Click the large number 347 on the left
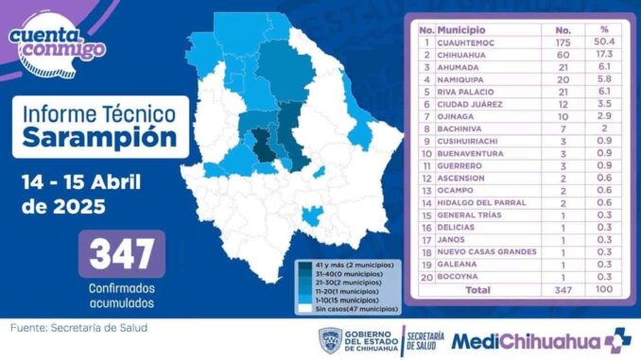[x=122, y=253]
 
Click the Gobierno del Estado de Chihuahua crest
[x=330, y=340]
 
